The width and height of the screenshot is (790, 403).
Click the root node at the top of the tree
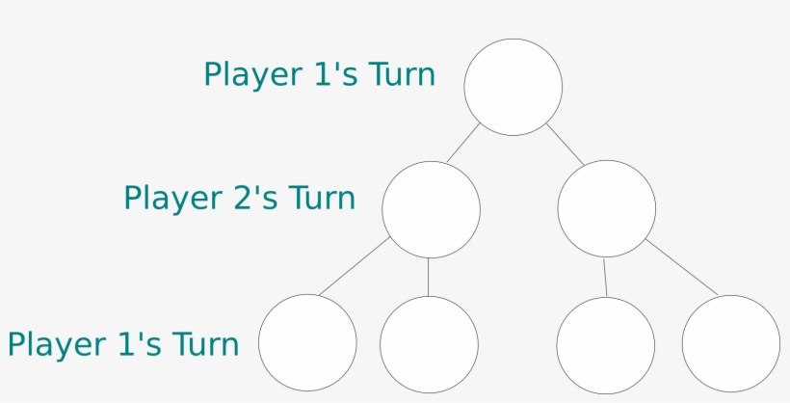(x=513, y=87)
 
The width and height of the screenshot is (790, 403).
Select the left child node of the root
(x=431, y=209)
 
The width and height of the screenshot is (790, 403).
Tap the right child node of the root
(x=607, y=208)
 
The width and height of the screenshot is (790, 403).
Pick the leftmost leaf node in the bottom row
(x=307, y=342)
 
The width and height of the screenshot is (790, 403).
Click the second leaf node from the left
(x=429, y=344)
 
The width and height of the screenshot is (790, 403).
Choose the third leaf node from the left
(x=606, y=345)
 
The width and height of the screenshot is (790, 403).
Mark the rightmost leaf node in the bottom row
(x=731, y=343)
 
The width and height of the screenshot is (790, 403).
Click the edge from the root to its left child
(x=463, y=143)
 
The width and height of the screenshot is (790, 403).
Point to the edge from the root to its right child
(x=566, y=144)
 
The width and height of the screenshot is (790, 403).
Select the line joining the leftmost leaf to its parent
(x=355, y=266)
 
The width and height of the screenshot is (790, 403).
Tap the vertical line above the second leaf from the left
(x=429, y=277)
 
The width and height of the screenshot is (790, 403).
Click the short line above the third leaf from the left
(x=605, y=278)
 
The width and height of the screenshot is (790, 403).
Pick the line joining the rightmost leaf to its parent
(x=682, y=267)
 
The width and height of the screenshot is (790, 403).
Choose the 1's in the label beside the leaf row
(x=140, y=344)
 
